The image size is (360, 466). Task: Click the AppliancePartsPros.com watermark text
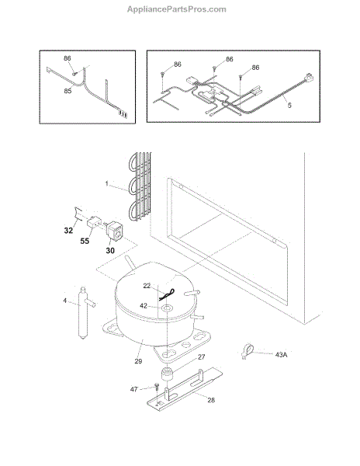click(x=177, y=9)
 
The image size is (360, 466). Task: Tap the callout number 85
click(x=67, y=91)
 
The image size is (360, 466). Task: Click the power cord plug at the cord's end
click(x=309, y=78)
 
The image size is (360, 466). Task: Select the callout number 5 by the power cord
click(x=289, y=105)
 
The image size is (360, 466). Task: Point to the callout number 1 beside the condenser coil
click(x=107, y=183)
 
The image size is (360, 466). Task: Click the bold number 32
click(x=68, y=231)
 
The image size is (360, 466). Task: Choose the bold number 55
click(x=85, y=241)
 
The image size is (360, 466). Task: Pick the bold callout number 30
click(x=110, y=251)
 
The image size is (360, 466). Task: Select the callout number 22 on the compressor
click(x=147, y=286)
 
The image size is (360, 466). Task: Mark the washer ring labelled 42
click(x=167, y=308)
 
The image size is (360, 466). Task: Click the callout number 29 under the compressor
click(x=138, y=361)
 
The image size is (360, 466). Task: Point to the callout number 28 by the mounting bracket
click(x=211, y=400)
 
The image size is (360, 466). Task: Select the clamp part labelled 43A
click(x=247, y=351)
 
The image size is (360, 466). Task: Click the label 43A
click(x=281, y=355)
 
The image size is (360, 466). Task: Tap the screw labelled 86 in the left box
click(x=74, y=74)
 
